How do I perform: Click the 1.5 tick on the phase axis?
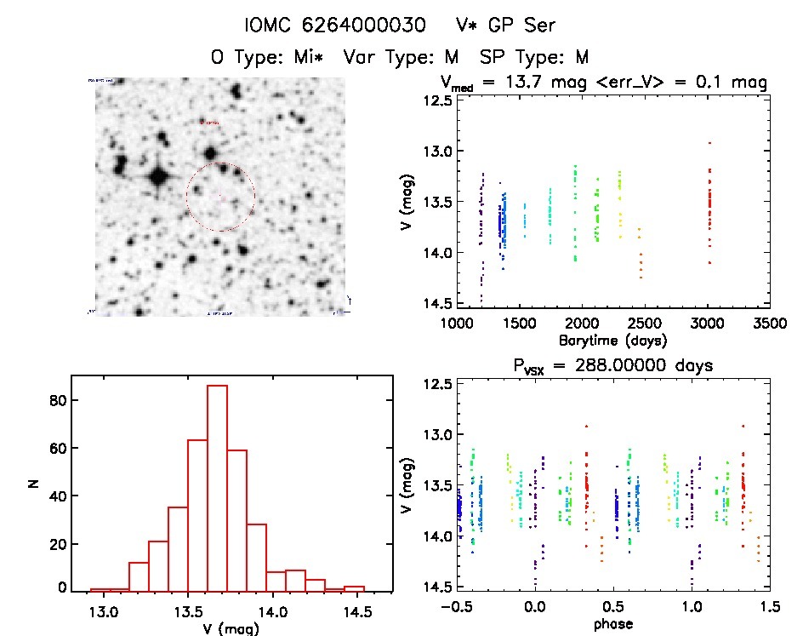pos(770,608)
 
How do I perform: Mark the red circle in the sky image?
pos(220,197)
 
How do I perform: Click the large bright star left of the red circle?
pos(158,177)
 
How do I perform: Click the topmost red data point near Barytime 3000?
pos(709,143)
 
